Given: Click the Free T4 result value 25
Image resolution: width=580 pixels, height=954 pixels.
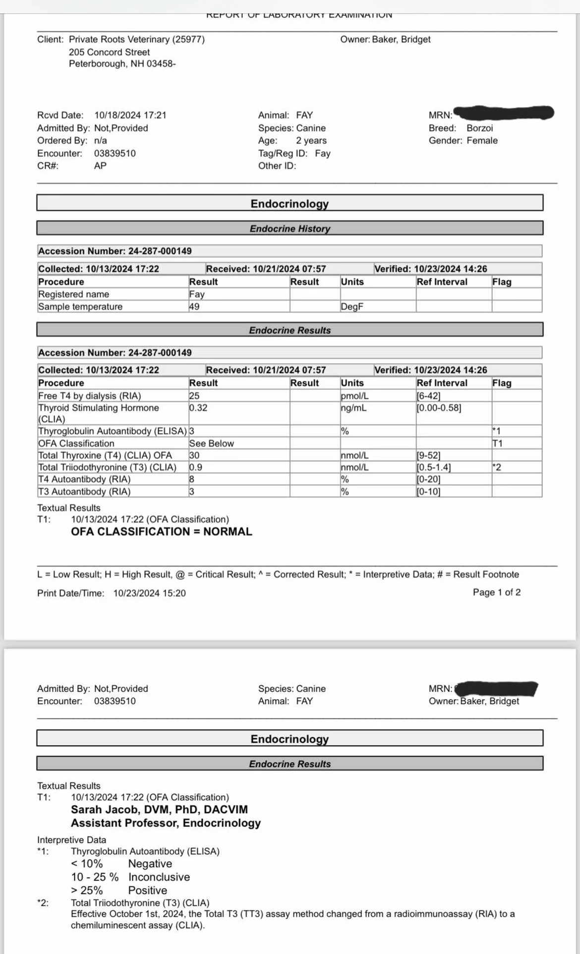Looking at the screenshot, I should pos(194,396).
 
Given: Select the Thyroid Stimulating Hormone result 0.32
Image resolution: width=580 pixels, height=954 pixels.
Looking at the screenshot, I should pos(198,408).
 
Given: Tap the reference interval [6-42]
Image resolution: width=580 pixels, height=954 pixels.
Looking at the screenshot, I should pos(428,396).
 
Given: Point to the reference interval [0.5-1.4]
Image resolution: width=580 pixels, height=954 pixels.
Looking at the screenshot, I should pos(434,467).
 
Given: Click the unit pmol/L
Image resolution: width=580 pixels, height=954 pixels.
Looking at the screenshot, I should pos(354,396).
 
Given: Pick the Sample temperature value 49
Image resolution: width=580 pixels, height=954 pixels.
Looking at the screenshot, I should pos(194,306).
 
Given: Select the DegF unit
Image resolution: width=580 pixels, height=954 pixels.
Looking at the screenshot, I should pos(352,306).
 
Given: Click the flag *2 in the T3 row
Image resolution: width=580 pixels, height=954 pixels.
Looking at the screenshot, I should pos(497,467).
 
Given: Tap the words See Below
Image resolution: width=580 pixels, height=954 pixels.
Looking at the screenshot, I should pos(211,443).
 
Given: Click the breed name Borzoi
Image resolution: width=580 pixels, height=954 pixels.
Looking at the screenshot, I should pos(479,128).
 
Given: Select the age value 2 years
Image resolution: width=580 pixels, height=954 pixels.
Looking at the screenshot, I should pos(311,140).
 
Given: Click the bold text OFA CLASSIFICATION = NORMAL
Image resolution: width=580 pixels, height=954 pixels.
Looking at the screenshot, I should pos(162,532).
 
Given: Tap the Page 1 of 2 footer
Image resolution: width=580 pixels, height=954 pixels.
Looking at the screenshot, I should pos(497,592).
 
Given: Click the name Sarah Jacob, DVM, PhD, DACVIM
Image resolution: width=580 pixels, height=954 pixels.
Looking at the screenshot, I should pos(159,810).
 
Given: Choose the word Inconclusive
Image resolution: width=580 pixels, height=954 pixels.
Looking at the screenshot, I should pos(159,877).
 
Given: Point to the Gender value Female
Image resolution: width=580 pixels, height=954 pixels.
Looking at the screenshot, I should pos(482,140).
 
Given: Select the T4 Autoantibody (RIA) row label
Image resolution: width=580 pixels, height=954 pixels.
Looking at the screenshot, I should pos(84,479).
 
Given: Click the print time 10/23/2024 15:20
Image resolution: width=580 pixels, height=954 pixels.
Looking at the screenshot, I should pos(149,593).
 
